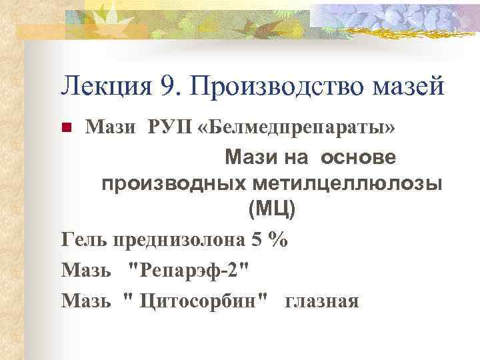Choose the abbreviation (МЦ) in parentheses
tap(271, 209)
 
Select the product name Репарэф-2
tap(191, 270)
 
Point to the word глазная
tap(322, 301)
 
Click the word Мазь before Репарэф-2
tap(87, 270)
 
